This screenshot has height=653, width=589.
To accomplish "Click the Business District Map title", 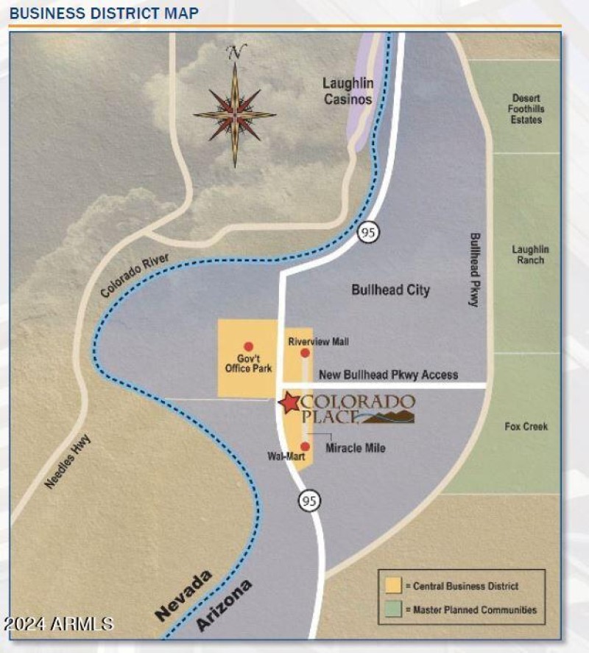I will tap(104, 13).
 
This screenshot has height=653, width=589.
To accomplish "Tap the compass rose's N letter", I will tap(236, 52).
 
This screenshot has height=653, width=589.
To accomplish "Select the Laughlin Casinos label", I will tap(348, 91).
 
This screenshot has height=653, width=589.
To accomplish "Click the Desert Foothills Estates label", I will tap(526, 109).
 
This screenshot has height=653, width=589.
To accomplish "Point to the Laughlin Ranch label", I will tap(530, 254).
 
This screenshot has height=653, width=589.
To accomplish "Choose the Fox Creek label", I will tap(526, 427).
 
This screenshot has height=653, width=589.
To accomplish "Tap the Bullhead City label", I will tap(390, 290).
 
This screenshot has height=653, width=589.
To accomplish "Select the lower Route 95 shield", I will tap(309, 501).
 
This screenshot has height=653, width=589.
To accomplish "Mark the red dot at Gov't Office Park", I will tap(248, 346).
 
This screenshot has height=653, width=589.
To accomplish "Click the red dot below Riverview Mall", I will tap(306, 354).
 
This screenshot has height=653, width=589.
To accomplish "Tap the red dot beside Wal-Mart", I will tap(305, 446).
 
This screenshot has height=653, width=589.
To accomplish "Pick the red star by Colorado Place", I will tap(289, 402).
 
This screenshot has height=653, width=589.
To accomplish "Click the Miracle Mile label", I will tap(356, 447).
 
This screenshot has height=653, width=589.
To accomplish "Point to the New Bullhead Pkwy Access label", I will tap(388, 375).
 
